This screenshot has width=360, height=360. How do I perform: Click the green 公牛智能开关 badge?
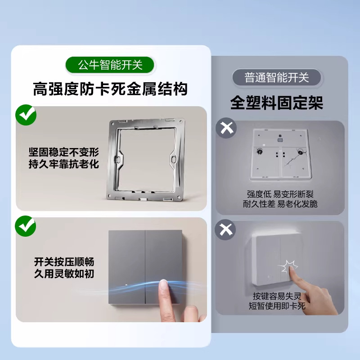pyautogui.click(x=110, y=65)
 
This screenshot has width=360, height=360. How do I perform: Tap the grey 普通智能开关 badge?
pyautogui.click(x=276, y=77)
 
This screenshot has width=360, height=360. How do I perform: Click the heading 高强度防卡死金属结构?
pyautogui.click(x=110, y=89)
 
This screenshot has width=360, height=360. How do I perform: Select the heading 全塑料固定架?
pyautogui.click(x=277, y=103)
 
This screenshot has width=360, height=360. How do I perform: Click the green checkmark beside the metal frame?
pyautogui.click(x=26, y=115)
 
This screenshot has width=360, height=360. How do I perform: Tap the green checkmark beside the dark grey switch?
pyautogui.click(x=26, y=226)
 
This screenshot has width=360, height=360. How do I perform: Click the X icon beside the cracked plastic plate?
pyautogui.click(x=226, y=128)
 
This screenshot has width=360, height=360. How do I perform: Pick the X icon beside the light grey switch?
pyautogui.click(x=225, y=229)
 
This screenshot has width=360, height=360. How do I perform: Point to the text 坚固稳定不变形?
pyautogui.click(x=64, y=152)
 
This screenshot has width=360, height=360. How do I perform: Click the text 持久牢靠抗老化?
pyautogui.click(x=64, y=164)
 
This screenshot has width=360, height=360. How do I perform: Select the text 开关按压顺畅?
pyautogui.click(x=64, y=262)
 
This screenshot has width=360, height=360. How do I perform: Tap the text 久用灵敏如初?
pyautogui.click(x=64, y=274)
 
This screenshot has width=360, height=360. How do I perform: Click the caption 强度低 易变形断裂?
pyautogui.click(x=280, y=194)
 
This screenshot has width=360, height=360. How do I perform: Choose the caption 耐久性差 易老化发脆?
pyautogui.click(x=280, y=204)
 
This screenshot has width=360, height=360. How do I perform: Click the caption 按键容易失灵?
pyautogui.click(x=277, y=296)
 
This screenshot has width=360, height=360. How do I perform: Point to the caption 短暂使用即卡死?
pyautogui.click(x=277, y=306)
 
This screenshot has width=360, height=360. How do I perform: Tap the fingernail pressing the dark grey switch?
pyautogui.click(x=164, y=284)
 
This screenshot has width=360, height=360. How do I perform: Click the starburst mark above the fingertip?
pyautogui.click(x=288, y=266)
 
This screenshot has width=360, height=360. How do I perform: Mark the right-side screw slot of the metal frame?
pyautogui.click(x=174, y=159)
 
